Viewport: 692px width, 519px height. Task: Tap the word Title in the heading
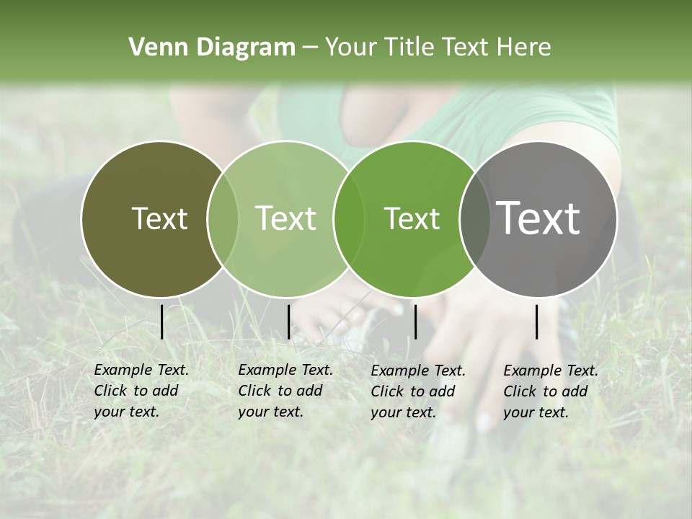tap(409, 47)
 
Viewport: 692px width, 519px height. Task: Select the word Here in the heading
tap(523, 47)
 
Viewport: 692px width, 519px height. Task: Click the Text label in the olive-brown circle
tap(159, 218)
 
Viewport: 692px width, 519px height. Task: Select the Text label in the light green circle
tap(285, 218)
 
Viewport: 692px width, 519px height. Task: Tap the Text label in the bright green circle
tap(412, 218)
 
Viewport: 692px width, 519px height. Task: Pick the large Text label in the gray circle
tap(538, 218)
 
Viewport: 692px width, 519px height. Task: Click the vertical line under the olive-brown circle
tap(162, 321)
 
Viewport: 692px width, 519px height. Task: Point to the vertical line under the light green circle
tap(288, 321)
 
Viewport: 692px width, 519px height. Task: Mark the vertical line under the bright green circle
tap(416, 321)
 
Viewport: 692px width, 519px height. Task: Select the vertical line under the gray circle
tap(537, 321)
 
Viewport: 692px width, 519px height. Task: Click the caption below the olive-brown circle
tap(141, 391)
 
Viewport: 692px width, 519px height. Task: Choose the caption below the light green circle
tap(285, 391)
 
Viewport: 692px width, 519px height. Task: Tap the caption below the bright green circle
tap(418, 391)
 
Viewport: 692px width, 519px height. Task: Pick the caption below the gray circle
tap(551, 391)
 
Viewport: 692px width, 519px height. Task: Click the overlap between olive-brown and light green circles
tap(223, 218)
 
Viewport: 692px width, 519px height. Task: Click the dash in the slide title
tap(309, 48)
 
